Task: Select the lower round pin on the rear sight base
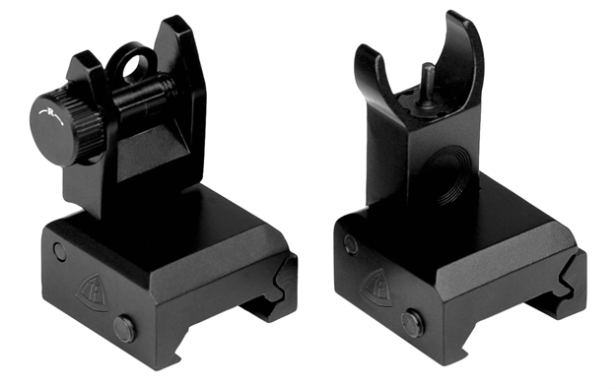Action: pos(124,328)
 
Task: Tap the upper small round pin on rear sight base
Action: pos(60,251)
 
